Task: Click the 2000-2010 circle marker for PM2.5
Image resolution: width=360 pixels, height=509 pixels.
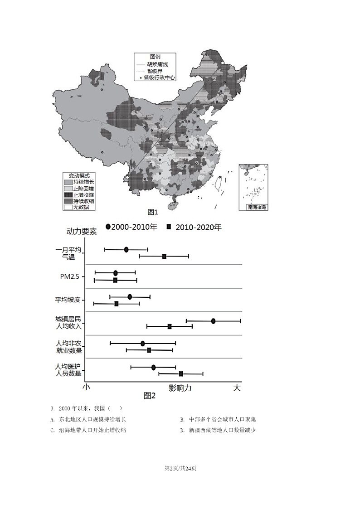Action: coord(116,273)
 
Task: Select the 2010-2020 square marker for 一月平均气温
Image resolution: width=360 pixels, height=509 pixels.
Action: coord(164,257)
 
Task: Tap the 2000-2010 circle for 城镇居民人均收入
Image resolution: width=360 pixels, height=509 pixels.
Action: coord(213,321)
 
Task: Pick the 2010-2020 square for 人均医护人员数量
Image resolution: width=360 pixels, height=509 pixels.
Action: coord(181,374)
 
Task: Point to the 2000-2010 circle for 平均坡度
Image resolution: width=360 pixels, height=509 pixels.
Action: coord(130,297)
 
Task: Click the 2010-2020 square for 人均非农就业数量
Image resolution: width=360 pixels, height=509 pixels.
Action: coord(149,350)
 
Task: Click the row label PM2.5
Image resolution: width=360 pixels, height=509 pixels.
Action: coord(69,276)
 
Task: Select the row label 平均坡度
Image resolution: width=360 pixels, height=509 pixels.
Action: coord(68,300)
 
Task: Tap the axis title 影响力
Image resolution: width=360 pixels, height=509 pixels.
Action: coord(180,388)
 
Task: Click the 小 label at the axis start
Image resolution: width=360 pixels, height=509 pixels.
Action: coord(87,388)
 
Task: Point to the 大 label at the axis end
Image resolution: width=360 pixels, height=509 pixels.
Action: coord(237,388)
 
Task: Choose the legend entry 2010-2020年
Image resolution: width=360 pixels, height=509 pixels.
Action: coord(194,227)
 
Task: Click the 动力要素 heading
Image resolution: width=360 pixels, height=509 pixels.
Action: coord(82,232)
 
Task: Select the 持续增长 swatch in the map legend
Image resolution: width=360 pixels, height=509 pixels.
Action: coord(68,182)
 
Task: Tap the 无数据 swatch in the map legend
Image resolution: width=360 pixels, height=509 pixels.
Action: coord(68,207)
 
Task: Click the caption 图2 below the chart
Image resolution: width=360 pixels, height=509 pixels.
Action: coord(150,396)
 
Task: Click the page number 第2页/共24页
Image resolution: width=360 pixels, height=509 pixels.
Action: coord(180,468)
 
